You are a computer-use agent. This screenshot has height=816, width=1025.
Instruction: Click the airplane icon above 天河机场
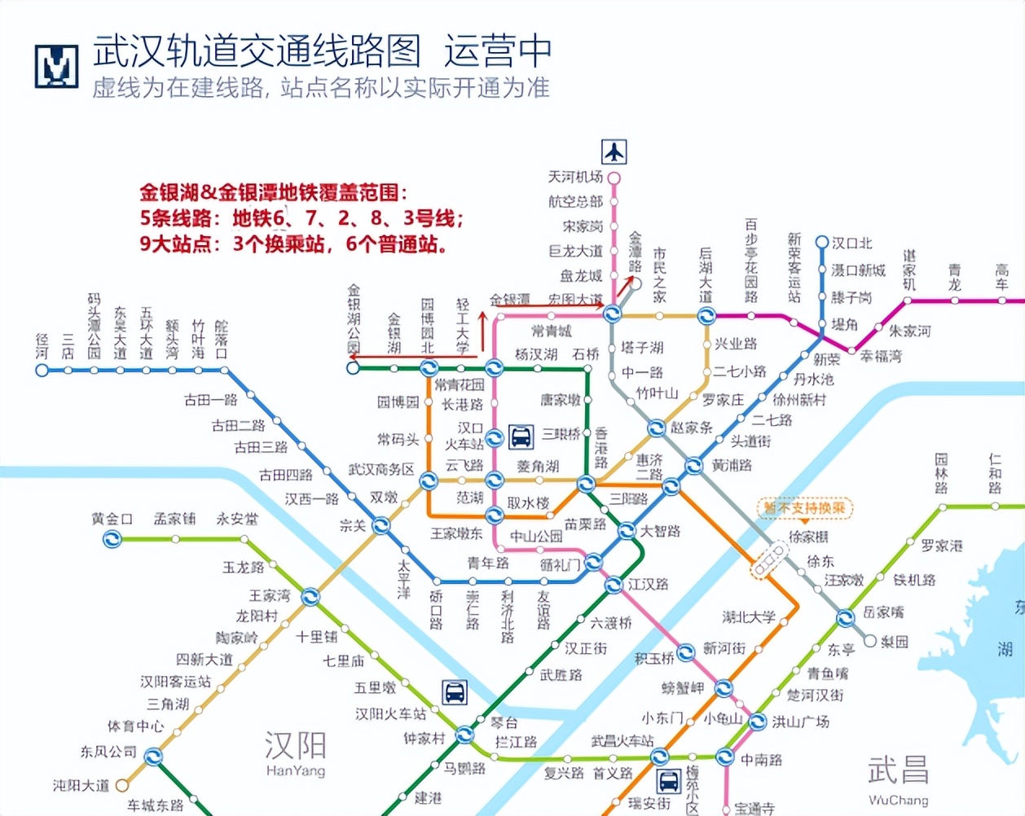tap(614, 152)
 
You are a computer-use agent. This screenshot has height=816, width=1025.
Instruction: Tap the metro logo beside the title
tap(56, 66)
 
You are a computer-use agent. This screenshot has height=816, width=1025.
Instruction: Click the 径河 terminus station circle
tap(42, 371)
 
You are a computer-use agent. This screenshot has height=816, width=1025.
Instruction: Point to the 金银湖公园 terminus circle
tap(353, 368)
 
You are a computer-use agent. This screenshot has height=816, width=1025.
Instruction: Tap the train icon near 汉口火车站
tap(520, 437)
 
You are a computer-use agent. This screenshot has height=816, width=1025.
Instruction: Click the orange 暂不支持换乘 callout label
tap(805, 509)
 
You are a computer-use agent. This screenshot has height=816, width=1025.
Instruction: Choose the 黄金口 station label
tap(112, 519)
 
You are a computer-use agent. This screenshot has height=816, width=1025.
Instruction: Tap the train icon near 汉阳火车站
tap(455, 692)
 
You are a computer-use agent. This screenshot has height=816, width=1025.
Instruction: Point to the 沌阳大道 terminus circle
tap(121, 786)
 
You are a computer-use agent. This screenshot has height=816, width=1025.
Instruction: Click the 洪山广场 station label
tap(801, 722)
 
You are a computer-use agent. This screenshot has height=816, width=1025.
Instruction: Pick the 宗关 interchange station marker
tap(381, 527)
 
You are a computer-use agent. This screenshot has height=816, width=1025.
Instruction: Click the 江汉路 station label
tap(649, 584)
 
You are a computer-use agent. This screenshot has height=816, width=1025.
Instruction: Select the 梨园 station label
tap(894, 642)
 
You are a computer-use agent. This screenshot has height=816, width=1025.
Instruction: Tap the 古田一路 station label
tap(210, 400)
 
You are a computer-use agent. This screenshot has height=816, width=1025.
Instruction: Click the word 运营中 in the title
tap(498, 51)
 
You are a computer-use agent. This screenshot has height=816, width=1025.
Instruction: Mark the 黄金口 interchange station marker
tap(112, 539)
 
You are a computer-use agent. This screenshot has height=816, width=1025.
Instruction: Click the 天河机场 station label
tap(575, 177)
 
